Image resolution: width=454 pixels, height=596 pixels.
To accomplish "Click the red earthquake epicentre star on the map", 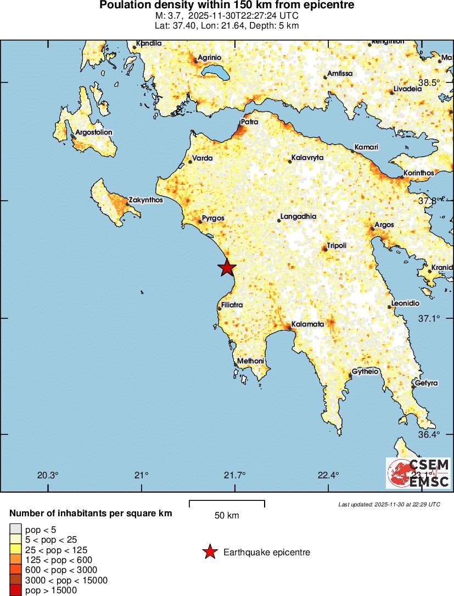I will click(227, 268).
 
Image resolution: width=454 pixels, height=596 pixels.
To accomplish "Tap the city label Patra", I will click(249, 122).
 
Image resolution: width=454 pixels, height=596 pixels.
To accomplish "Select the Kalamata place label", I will click(308, 324).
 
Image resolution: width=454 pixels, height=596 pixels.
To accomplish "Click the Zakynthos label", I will click(146, 200).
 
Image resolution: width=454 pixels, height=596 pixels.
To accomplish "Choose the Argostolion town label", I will click(93, 133).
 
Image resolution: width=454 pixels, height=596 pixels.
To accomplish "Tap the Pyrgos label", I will click(213, 218).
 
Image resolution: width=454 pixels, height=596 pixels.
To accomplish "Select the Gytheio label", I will click(365, 372).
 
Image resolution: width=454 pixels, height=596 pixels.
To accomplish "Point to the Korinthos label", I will click(419, 173).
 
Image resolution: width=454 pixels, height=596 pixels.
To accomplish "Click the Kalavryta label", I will click(307, 158).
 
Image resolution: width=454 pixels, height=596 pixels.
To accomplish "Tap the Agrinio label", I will click(209, 57).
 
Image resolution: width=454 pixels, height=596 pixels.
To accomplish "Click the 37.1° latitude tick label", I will click(429, 318).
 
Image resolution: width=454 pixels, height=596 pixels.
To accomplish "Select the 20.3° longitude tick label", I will click(48, 475).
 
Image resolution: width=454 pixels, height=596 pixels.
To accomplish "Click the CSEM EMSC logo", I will click(418, 473).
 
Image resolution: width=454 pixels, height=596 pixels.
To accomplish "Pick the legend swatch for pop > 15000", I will click(15, 591).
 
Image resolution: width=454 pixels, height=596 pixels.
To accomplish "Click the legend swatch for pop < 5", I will click(15, 529).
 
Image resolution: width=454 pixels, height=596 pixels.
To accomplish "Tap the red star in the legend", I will click(209, 552).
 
